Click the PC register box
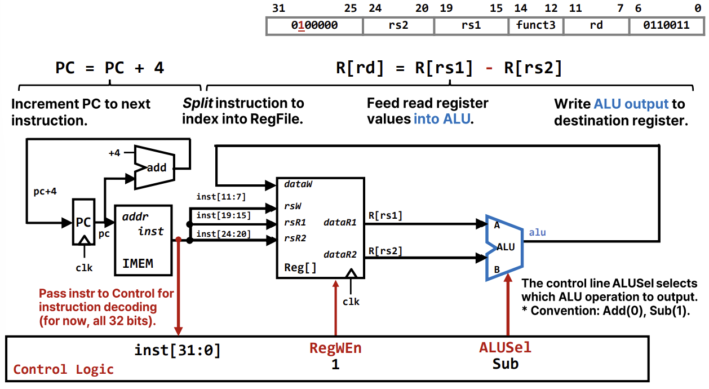(83, 222)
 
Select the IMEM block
(143, 240)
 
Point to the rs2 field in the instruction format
(398, 25)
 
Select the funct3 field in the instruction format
(535, 25)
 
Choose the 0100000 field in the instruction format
(314, 25)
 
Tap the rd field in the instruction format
(596, 25)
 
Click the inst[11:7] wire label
(221, 197)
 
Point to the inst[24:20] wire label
(224, 233)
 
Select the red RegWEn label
(335, 348)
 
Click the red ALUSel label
(505, 348)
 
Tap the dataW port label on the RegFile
(298, 184)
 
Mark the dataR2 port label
(340, 254)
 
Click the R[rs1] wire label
(385, 215)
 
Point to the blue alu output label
(537, 232)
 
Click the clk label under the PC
(84, 268)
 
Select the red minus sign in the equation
(489, 68)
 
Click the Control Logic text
(63, 369)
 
